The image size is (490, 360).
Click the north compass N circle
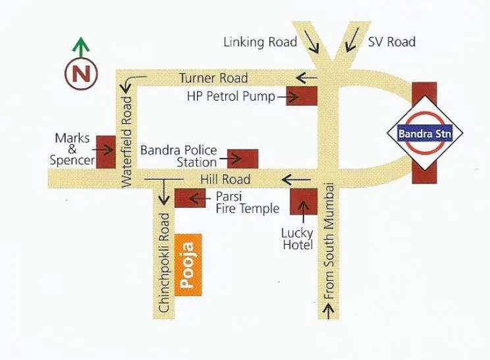click(x=81, y=72)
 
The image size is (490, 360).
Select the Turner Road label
click(x=213, y=78)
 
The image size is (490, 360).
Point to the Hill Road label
click(x=226, y=179)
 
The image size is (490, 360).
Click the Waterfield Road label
click(x=128, y=141)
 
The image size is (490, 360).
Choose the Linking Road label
click(x=260, y=42)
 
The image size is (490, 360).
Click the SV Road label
click(x=392, y=42)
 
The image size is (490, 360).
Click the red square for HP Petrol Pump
click(x=302, y=95)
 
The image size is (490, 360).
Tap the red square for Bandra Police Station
click(x=243, y=159)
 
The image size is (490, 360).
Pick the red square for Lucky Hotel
click(x=304, y=200)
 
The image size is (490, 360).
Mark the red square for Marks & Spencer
click(x=105, y=151)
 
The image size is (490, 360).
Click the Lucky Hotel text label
click(x=297, y=239)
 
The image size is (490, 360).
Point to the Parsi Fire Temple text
click(x=248, y=203)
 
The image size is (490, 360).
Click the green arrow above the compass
click(x=80, y=47)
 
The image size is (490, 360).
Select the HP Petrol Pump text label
click(x=231, y=97)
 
